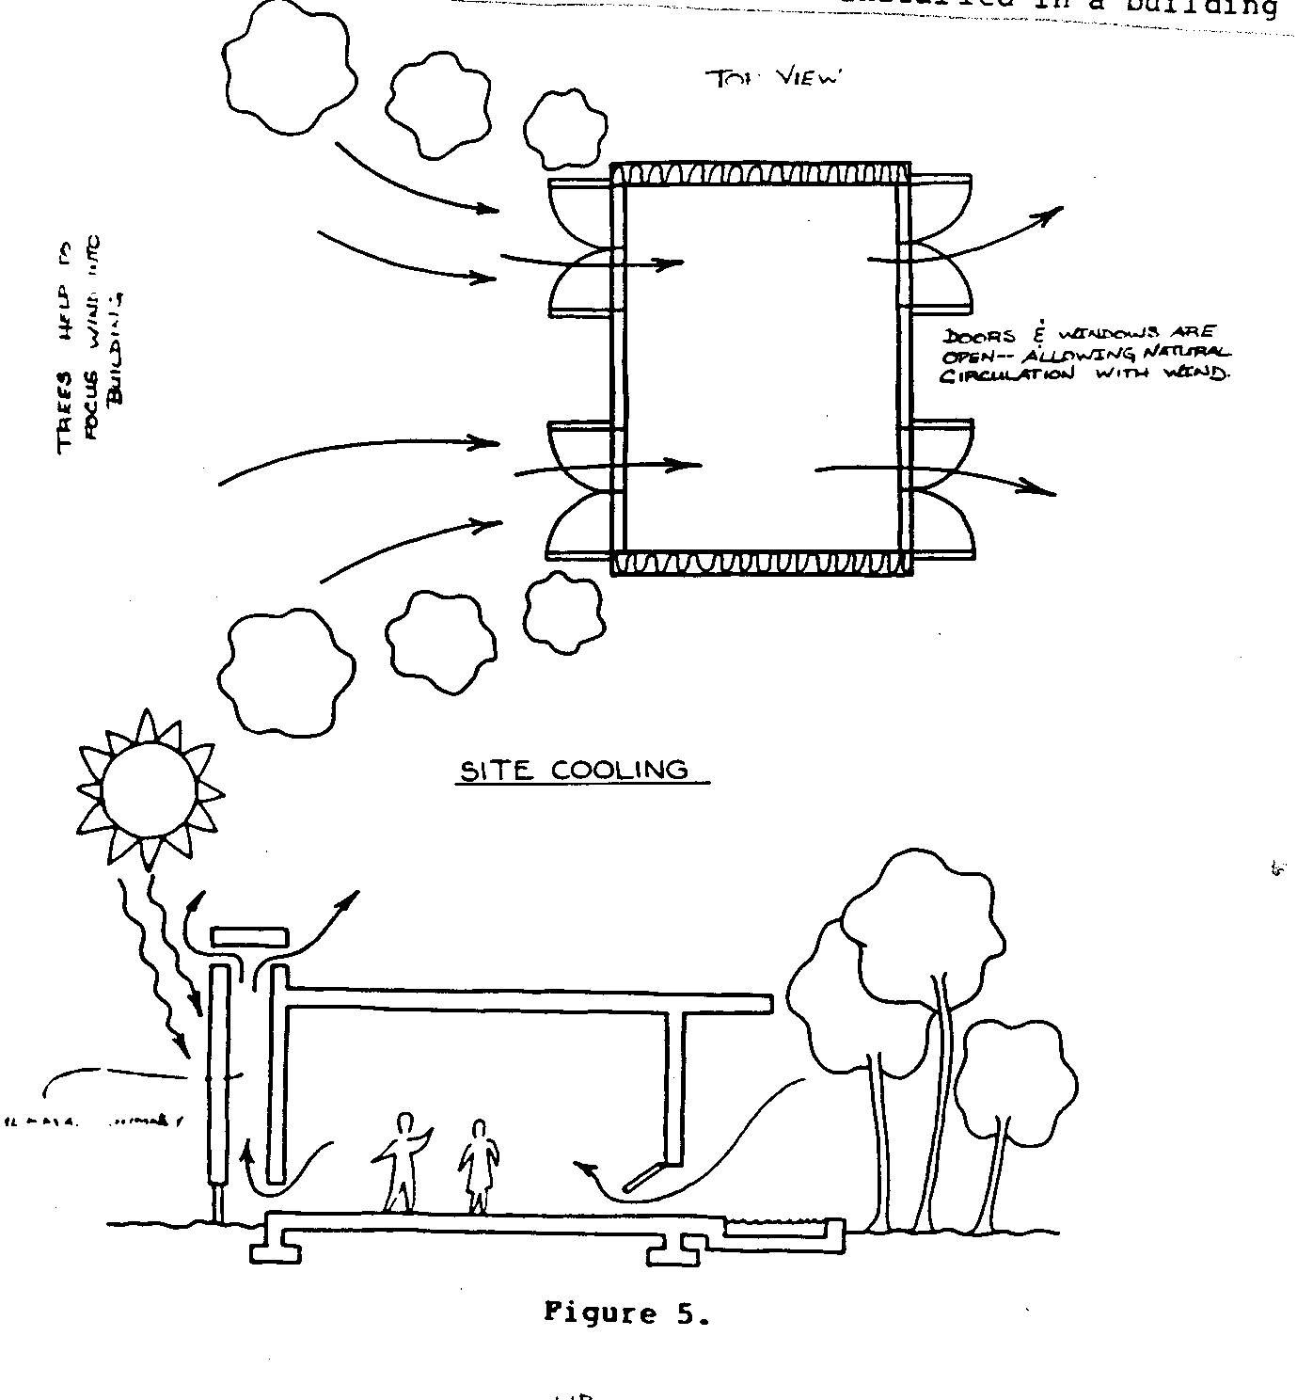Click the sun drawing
coord(150,788)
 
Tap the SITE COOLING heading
coord(574,771)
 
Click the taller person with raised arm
coord(403,1161)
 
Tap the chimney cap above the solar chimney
coord(248,938)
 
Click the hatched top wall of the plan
coord(760,175)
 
